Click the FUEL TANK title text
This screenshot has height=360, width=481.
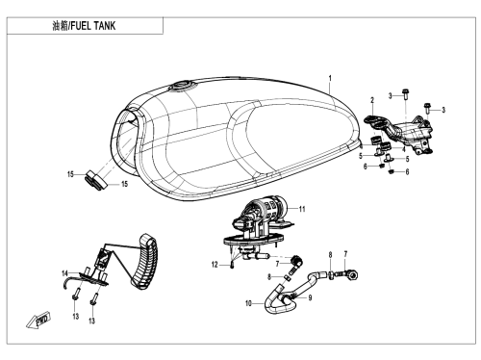point(93,26)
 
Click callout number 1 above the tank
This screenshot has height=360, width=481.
point(330,78)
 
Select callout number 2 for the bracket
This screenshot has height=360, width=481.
point(372,100)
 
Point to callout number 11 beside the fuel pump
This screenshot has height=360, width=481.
point(302,209)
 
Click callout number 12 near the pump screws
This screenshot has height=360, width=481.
point(215,265)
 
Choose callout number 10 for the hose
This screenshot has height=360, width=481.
point(249,303)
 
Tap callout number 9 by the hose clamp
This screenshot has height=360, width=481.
point(310,297)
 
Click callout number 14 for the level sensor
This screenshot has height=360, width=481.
point(65,273)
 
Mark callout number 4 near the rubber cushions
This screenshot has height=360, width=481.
point(404,149)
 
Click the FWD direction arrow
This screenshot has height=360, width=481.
point(38,321)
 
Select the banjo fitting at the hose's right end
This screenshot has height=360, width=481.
point(352,274)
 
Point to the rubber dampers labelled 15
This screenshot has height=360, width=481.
point(95,180)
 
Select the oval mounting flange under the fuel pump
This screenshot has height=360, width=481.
point(253,239)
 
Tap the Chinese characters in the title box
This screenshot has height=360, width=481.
point(61,26)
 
